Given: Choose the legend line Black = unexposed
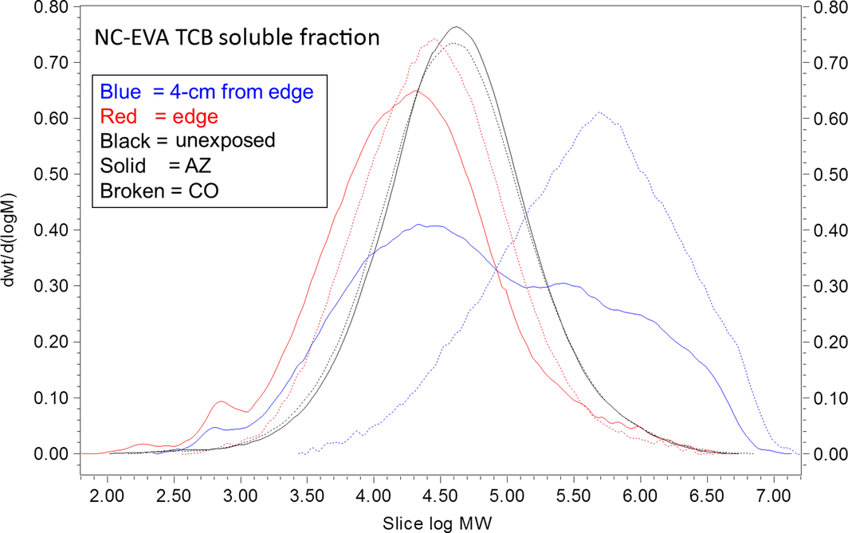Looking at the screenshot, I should coord(187,141).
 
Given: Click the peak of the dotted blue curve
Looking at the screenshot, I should coord(599,112).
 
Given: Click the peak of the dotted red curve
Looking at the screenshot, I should coord(434,38).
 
